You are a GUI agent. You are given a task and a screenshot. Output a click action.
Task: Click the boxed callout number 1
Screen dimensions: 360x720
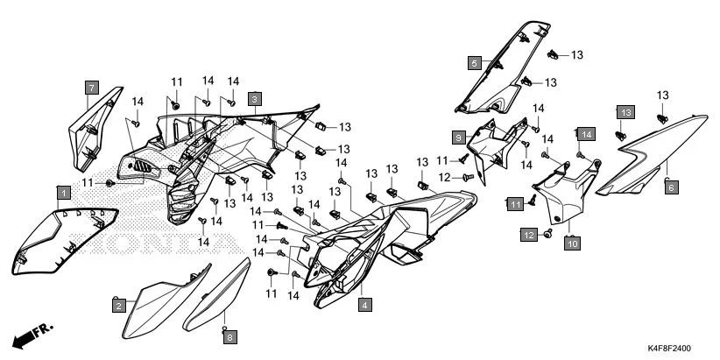pos(63,191)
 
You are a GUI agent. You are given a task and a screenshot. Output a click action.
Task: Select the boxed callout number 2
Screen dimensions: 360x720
pos(116,305)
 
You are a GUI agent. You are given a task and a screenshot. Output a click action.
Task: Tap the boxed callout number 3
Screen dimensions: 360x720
pos(253,99)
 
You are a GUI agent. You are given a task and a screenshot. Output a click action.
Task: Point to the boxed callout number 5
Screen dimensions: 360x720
pos(473,63)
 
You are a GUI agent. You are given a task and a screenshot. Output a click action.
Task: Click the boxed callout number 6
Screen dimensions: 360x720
pos(670,187)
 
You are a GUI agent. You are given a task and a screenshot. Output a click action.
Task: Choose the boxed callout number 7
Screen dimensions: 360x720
pos(89,87)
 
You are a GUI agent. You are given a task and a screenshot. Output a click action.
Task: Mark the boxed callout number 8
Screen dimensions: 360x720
pos(229,336)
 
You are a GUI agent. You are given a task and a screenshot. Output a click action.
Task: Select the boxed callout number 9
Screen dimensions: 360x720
pos(457,138)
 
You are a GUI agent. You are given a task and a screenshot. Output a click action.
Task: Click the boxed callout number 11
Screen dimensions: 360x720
pos(516,203)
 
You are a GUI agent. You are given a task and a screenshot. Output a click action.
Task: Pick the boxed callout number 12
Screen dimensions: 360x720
pos(528,235)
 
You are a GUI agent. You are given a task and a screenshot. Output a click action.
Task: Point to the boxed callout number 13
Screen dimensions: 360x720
pos(625,113)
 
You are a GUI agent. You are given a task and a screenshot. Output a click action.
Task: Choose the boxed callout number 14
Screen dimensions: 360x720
pos(585,134)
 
